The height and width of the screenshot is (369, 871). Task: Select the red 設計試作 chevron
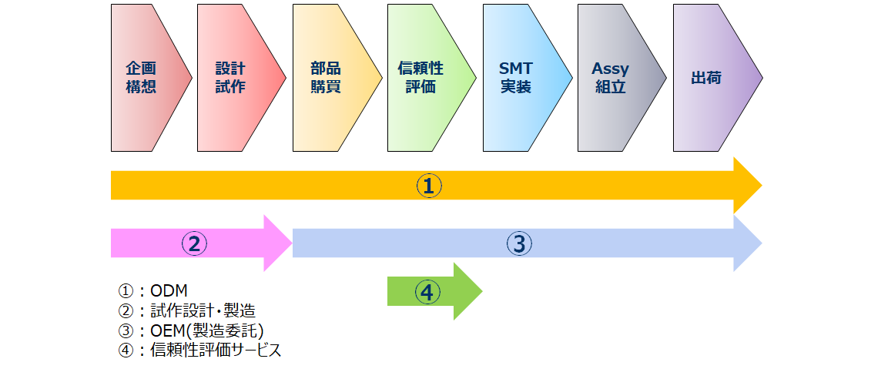(236, 77)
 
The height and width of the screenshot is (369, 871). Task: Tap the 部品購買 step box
(331, 77)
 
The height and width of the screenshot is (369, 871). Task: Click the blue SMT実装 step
(521, 77)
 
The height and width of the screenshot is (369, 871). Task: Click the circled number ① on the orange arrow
(429, 186)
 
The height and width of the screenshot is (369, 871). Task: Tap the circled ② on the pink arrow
(194, 243)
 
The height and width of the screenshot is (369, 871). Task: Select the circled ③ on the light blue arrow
(519, 243)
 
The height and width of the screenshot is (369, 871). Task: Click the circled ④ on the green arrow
(427, 292)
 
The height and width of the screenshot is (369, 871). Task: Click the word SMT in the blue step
(515, 69)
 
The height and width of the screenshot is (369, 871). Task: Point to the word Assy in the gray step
(611, 69)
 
